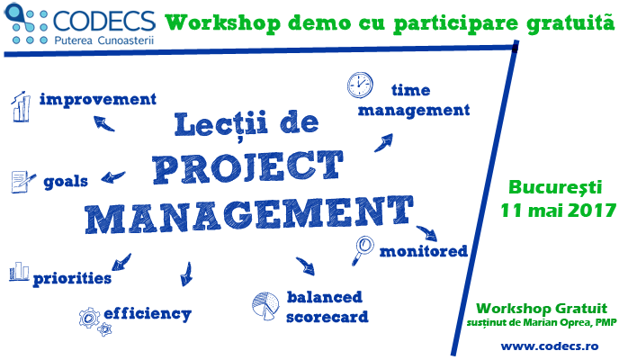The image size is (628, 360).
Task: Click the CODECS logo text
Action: point(104,22)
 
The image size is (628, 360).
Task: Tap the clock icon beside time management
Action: point(360,85)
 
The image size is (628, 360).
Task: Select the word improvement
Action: point(98,99)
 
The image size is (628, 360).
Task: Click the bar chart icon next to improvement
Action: point(21,106)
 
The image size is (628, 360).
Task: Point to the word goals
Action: point(66,182)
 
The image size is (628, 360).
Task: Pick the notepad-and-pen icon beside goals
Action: point(22,182)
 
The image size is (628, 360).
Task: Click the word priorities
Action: point(72,278)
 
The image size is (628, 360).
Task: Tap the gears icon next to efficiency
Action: point(94,321)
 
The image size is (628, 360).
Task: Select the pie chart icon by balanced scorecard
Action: point(265,306)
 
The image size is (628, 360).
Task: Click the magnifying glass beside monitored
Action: point(363,250)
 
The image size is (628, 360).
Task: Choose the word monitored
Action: point(424,251)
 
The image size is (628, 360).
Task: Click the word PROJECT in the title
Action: point(248,167)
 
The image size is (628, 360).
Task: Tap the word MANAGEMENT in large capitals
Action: point(248,214)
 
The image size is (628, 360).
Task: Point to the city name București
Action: point(555,187)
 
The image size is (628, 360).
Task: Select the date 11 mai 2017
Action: point(558,211)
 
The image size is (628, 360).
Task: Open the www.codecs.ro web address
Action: point(550,346)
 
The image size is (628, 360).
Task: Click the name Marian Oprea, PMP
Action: point(570,322)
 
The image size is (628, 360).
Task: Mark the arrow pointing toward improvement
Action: point(103,123)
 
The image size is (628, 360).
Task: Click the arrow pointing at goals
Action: point(113,176)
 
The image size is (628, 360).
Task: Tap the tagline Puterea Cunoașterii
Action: point(104,40)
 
